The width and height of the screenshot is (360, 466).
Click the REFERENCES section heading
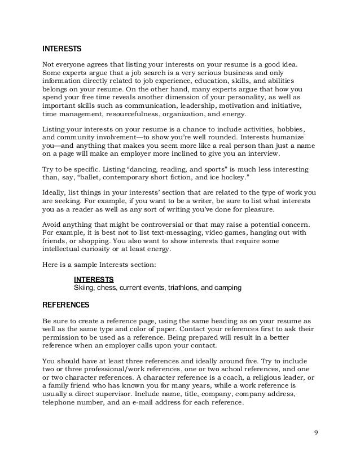[66, 305]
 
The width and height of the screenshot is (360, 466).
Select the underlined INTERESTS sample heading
[94, 279]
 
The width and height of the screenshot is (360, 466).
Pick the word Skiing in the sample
[84, 288]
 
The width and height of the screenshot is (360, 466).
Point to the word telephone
[59, 402]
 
